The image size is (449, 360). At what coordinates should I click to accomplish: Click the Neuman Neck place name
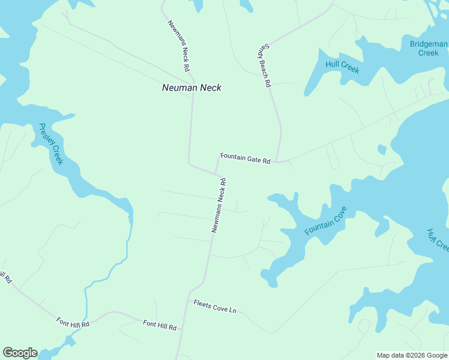(x=191, y=88)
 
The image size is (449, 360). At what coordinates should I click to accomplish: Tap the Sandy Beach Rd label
(x=263, y=67)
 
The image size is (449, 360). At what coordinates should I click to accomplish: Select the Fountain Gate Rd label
(x=246, y=158)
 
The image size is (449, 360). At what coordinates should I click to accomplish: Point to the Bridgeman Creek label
(x=429, y=48)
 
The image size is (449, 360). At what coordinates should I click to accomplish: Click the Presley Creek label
(x=51, y=145)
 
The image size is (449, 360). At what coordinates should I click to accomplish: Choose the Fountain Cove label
(x=326, y=221)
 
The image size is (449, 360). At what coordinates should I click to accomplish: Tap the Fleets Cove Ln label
(x=215, y=306)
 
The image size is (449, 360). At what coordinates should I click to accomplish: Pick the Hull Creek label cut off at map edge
(x=438, y=239)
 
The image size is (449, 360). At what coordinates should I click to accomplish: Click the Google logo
(x=20, y=353)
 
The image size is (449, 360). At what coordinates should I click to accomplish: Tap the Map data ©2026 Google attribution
(x=412, y=355)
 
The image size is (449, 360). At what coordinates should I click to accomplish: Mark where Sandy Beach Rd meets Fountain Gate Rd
(x=277, y=162)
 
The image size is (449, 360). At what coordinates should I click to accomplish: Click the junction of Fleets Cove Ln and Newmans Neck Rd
(x=190, y=301)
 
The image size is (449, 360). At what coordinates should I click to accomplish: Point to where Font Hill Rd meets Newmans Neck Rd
(x=182, y=329)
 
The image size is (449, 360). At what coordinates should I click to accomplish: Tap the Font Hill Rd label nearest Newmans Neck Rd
(x=160, y=326)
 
